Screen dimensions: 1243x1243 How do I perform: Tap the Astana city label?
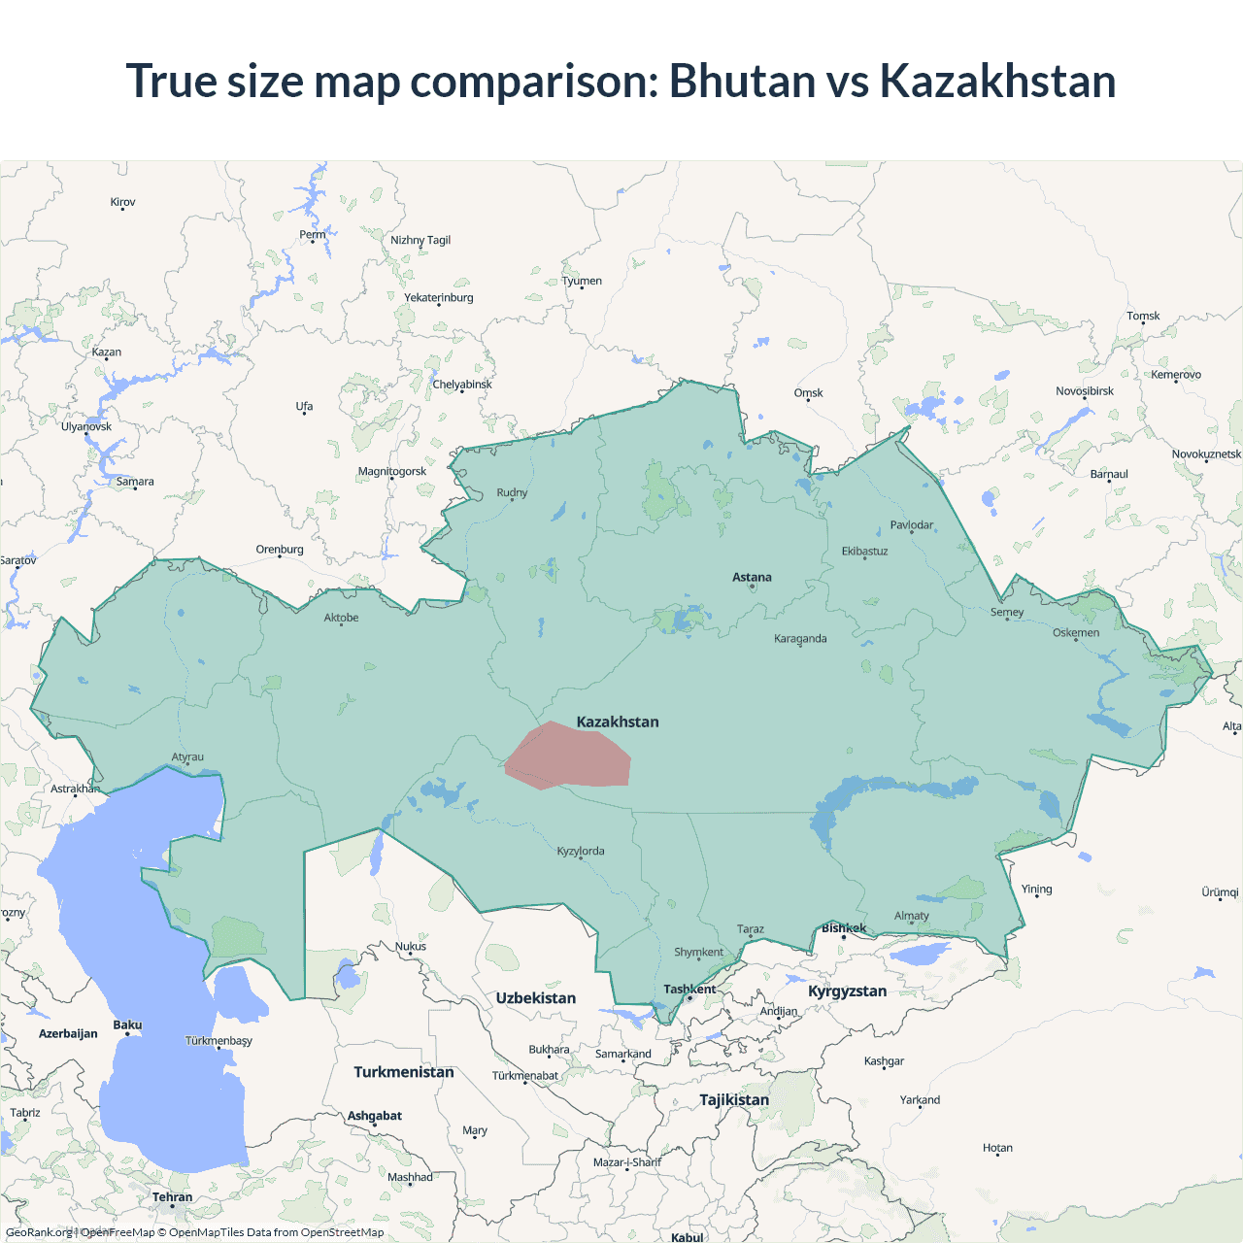click(752, 577)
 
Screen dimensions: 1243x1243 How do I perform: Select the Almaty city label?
click(911, 916)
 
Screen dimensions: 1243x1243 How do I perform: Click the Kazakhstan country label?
click(618, 722)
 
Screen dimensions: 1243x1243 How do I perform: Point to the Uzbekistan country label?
click(535, 998)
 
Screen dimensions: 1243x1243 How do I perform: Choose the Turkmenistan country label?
click(403, 1072)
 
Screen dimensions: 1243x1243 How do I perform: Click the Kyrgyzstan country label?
click(847, 991)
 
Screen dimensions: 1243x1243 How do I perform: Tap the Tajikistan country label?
click(734, 1100)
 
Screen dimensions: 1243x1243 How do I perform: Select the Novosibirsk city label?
click(1085, 391)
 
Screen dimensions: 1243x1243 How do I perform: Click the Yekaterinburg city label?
click(439, 298)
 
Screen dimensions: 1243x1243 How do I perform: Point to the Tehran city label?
click(172, 1197)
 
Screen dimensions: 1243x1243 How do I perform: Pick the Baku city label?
click(127, 1025)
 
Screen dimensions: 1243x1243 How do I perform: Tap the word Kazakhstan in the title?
click(997, 81)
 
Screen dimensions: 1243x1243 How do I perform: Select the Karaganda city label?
click(800, 639)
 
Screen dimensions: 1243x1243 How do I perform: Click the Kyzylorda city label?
click(581, 852)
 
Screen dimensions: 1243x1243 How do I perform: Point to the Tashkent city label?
click(689, 990)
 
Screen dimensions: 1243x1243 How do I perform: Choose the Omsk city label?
click(808, 393)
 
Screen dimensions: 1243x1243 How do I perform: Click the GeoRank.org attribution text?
click(39, 1232)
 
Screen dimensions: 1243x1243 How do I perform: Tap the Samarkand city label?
click(622, 1054)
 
